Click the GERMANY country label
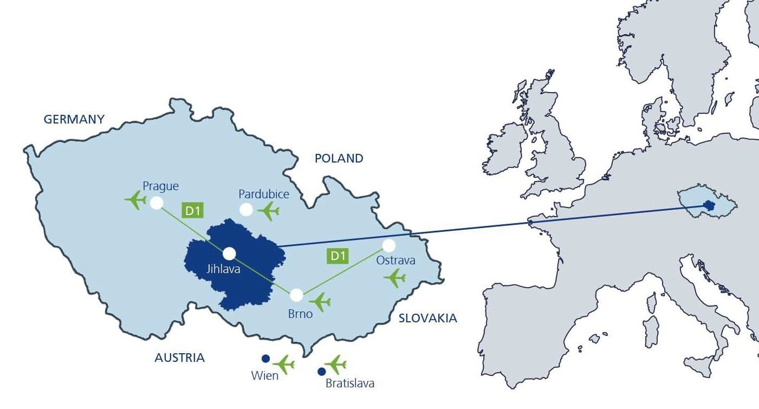[x=74, y=119]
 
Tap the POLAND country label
[x=339, y=158]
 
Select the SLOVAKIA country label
[x=427, y=318]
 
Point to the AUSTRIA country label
[x=179, y=358]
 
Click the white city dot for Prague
[x=157, y=203]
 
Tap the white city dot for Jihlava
[x=229, y=254]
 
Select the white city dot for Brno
[x=296, y=295]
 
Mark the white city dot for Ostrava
[x=388, y=245]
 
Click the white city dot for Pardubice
[x=246, y=209]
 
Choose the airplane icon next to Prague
[x=136, y=200]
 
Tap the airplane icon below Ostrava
[x=395, y=278]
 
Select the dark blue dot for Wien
[x=265, y=358]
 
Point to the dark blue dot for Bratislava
[x=321, y=372]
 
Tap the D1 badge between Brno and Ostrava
[x=338, y=256]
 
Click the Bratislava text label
[x=350, y=384]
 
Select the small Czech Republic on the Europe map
[x=708, y=203]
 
